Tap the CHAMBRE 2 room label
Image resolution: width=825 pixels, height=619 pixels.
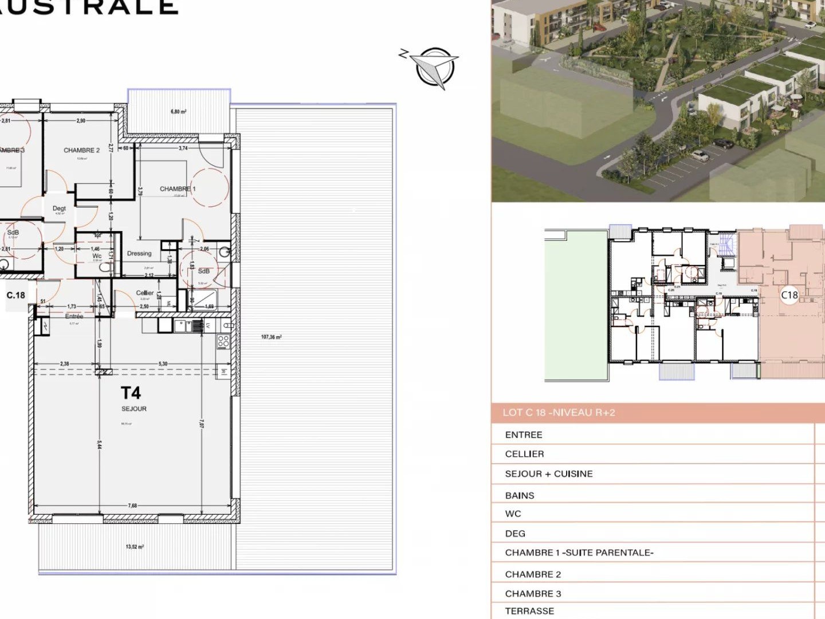tap(81, 150)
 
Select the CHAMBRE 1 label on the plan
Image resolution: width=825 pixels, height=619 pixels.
tap(178, 189)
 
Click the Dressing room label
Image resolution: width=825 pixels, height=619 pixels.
tap(139, 253)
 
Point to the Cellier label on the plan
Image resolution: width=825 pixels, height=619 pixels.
tap(145, 293)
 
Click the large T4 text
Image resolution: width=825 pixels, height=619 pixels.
tap(131, 393)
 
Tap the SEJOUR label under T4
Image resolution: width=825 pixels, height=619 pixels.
tap(134, 409)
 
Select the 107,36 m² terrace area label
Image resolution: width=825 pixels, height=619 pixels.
tap(271, 337)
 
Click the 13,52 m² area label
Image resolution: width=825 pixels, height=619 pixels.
tap(135, 547)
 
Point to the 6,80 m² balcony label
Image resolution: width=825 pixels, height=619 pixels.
tap(178, 112)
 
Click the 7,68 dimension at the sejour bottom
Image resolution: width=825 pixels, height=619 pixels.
tap(132, 506)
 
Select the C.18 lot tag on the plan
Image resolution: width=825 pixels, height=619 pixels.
tap(16, 295)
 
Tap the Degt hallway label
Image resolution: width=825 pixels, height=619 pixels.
tap(59, 209)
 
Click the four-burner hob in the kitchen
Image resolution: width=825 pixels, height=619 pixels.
tap(223, 342)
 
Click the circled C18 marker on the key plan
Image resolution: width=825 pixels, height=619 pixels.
tap(789, 295)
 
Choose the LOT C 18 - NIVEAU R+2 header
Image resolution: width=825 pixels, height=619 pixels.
tap(559, 413)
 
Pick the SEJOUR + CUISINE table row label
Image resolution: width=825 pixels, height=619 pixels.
tap(549, 474)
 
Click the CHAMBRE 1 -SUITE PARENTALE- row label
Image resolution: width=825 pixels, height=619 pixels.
tap(579, 553)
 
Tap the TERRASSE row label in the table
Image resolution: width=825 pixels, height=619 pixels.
tap(529, 611)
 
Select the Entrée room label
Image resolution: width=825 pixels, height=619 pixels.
tap(74, 316)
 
